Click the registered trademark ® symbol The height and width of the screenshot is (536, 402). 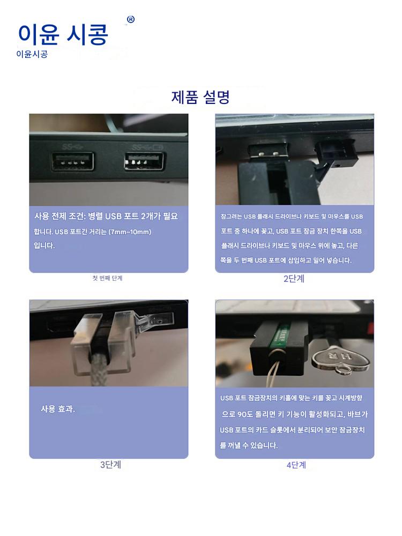pyautogui.click(x=131, y=19)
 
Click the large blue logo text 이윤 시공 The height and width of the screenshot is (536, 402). pyautogui.click(x=63, y=34)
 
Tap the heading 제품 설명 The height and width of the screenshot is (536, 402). pyautogui.click(x=200, y=97)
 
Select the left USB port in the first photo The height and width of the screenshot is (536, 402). pyautogui.click(x=72, y=161)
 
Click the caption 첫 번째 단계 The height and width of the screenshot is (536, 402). pyautogui.click(x=107, y=278)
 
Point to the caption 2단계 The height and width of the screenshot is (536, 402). pyautogui.click(x=294, y=279)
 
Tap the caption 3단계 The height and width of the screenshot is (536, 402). pyautogui.click(x=110, y=465)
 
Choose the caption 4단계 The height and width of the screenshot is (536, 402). pyautogui.click(x=296, y=465)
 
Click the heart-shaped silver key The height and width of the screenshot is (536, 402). pyautogui.click(x=340, y=359)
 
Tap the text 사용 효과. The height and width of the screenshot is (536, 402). pyautogui.click(x=58, y=409)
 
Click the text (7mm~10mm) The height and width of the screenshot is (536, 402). pyautogui.click(x=130, y=232)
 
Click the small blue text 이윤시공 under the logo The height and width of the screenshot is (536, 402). pyautogui.click(x=32, y=54)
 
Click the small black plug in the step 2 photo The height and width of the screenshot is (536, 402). pyautogui.click(x=337, y=152)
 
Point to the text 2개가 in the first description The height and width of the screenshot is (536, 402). pyautogui.click(x=151, y=216)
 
